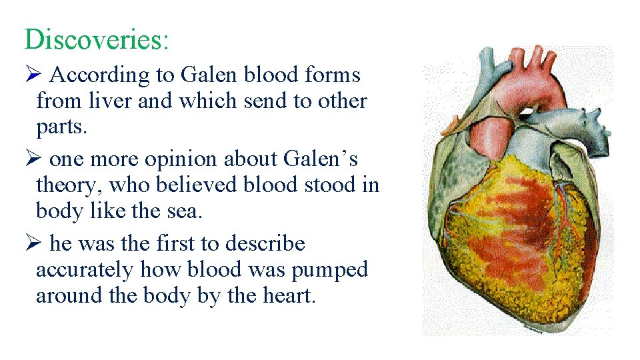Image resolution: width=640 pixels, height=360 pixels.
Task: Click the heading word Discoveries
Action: (x=97, y=39)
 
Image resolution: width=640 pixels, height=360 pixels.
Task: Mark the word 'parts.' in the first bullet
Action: (x=61, y=127)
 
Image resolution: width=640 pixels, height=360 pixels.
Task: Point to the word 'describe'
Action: (x=265, y=244)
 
